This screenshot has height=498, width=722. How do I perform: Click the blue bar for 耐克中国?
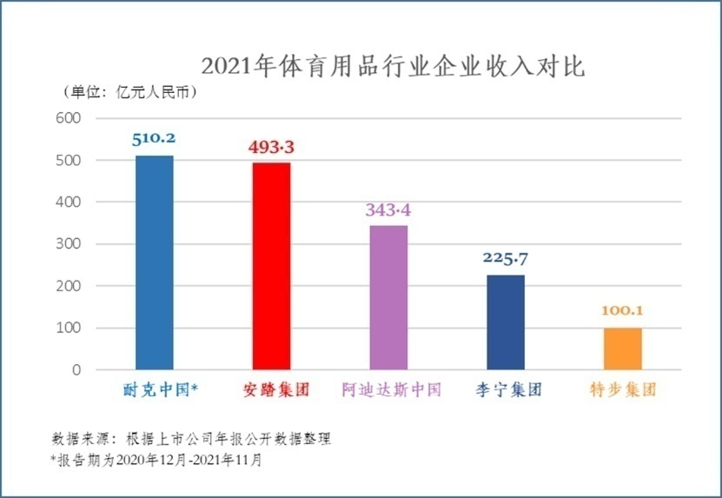tap(155, 262)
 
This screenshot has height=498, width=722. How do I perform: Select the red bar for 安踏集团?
tap(271, 266)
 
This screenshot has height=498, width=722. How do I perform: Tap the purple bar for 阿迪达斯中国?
tap(388, 297)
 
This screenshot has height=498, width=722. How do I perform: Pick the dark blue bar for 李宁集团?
tap(506, 322)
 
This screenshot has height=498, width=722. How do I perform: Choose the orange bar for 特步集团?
tap(622, 349)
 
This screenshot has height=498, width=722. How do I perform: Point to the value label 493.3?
tap(272, 147)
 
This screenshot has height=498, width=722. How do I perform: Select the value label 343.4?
tap(388, 209)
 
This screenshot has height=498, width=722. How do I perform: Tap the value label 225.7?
tap(506, 258)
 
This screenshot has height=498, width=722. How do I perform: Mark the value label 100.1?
tap(623, 310)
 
